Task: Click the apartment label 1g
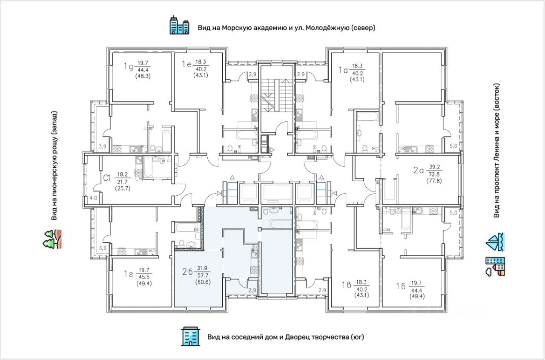coord(128,66)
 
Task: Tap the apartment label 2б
coord(187,272)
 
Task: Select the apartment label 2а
coord(419,170)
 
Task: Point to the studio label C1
coord(107,178)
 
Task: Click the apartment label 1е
coord(186,64)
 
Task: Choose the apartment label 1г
coord(128,274)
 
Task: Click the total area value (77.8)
coord(434,181)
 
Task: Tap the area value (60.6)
coord(203,282)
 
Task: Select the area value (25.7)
coord(123,188)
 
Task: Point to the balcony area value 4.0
coord(93,198)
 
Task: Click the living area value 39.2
coord(435,167)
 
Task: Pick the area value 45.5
coord(144,277)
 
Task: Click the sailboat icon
coord(495,242)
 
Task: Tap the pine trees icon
coord(52,239)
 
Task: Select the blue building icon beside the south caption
coord(191,337)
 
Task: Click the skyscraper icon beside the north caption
coord(180,25)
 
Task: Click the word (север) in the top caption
coord(363,28)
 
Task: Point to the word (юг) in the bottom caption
coord(357,337)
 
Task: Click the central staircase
coord(277,95)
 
